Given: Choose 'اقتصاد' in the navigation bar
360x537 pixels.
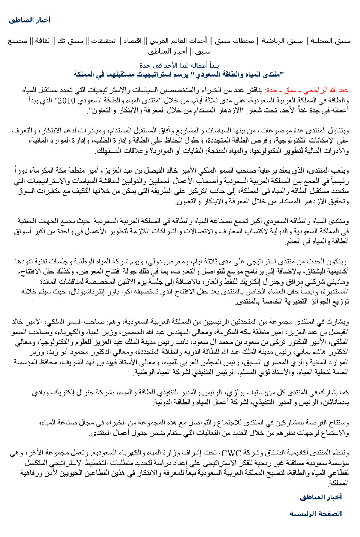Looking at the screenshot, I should [x=132, y=41].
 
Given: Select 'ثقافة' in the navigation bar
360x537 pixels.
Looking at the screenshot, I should [x=42, y=41].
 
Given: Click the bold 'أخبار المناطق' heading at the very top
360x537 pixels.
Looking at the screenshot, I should [x=30, y=20].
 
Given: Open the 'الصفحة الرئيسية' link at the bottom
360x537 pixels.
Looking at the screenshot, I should [x=315, y=514].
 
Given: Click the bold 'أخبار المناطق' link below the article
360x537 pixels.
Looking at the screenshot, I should [x=321, y=497].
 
